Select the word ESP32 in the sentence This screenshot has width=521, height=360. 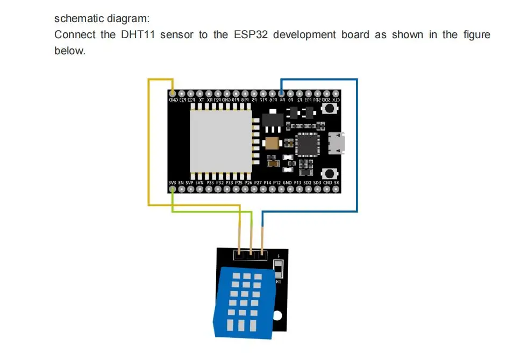pyautogui.click(x=246, y=35)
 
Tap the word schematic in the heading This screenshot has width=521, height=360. pyautogui.click(x=77, y=18)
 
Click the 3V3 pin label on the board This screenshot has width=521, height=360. pyautogui.click(x=172, y=183)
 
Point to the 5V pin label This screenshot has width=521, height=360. pyautogui.click(x=337, y=183)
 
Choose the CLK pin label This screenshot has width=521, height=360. pyautogui.click(x=336, y=100)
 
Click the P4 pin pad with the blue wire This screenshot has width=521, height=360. pyautogui.click(x=281, y=94)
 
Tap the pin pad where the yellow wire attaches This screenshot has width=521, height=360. pyautogui.click(x=173, y=94)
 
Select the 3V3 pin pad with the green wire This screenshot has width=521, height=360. pyautogui.click(x=172, y=189)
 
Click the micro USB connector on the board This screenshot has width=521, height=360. pyautogui.click(x=339, y=143)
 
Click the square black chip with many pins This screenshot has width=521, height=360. pyautogui.click(x=306, y=144)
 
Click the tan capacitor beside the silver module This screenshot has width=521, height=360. pyautogui.click(x=272, y=143)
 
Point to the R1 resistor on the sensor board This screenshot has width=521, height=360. pyautogui.click(x=278, y=268)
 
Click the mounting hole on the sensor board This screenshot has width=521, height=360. pyautogui.click(x=277, y=316)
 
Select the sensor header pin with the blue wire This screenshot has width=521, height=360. pyautogui.click(x=262, y=252)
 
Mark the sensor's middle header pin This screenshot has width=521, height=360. pyautogui.click(x=251, y=252)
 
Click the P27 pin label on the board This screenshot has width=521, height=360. pyautogui.click(x=258, y=183)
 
